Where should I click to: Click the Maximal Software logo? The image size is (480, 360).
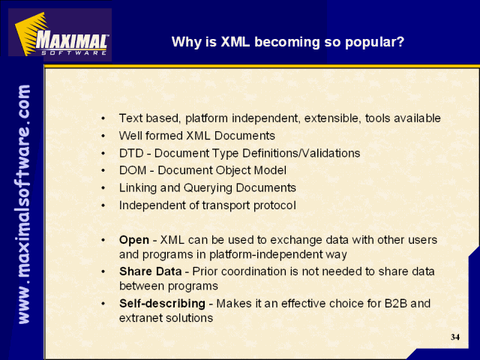[x=60, y=34]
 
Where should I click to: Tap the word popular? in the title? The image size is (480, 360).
[x=375, y=43]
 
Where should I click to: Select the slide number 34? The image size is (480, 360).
[x=455, y=337]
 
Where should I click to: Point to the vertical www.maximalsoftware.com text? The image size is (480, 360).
[x=24, y=204]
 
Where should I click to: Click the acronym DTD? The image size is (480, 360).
[x=131, y=153]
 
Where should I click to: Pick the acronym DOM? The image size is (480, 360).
[x=133, y=170]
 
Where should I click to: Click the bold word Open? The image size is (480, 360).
[x=134, y=240]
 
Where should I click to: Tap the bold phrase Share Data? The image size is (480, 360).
[x=150, y=271]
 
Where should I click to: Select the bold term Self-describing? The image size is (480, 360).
[x=162, y=304]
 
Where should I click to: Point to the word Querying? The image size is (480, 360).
[x=208, y=188]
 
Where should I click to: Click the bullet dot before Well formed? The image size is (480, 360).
[x=103, y=136]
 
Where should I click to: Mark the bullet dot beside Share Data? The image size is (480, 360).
[x=103, y=271]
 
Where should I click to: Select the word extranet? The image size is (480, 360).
[x=140, y=318]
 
